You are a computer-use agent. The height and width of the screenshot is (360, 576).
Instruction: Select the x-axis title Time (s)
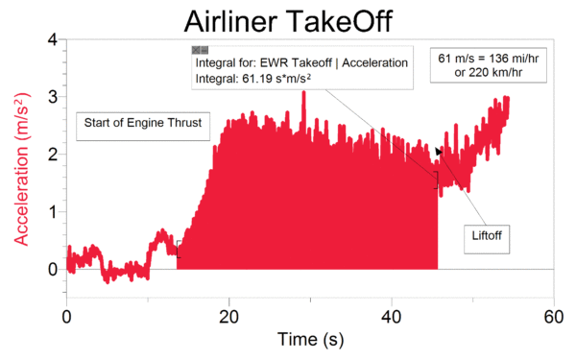coord(310,339)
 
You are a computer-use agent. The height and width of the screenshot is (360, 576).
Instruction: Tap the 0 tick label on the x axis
coord(67,316)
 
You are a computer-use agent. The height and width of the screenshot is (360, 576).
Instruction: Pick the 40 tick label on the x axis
coord(391,316)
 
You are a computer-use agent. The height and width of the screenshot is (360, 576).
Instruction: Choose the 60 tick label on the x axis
coord(552,316)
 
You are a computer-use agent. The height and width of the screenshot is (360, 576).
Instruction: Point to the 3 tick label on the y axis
coord(53,97)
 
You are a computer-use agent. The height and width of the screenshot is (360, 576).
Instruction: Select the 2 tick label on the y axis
coord(53,155)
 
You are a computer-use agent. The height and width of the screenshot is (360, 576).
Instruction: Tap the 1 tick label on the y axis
coord(53,212)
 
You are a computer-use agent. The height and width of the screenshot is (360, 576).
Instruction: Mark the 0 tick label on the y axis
coord(53,269)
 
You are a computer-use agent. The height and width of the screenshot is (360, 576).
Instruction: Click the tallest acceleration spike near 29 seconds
coord(303,94)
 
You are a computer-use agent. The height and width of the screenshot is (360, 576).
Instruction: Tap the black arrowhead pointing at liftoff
coord(439,151)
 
